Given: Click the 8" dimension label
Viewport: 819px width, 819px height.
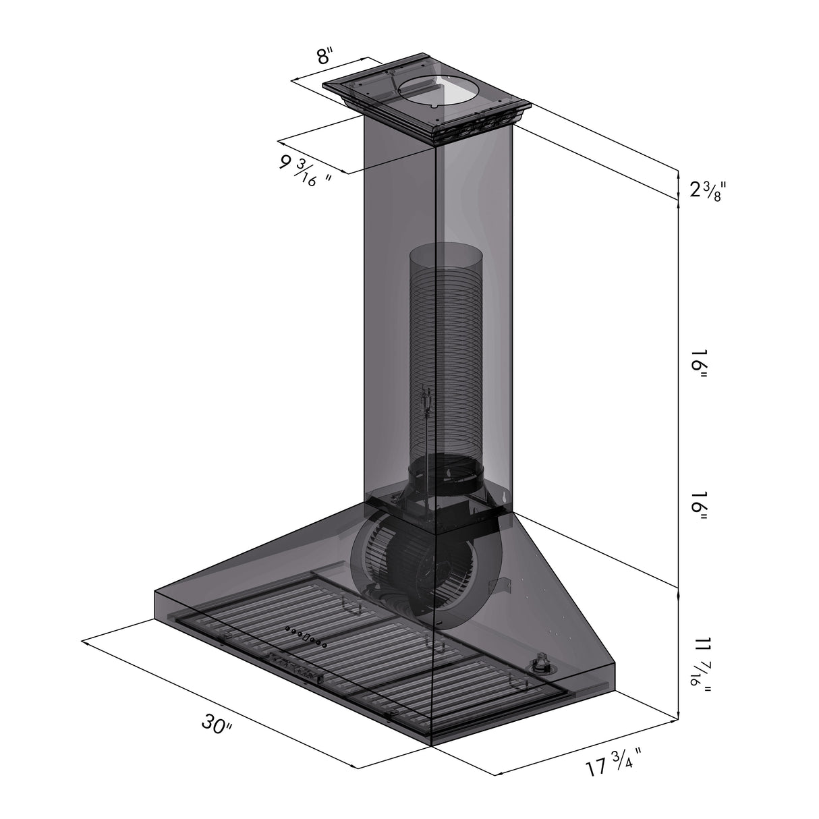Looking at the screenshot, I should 324,56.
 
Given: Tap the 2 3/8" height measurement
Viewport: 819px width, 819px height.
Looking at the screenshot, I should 707,191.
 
